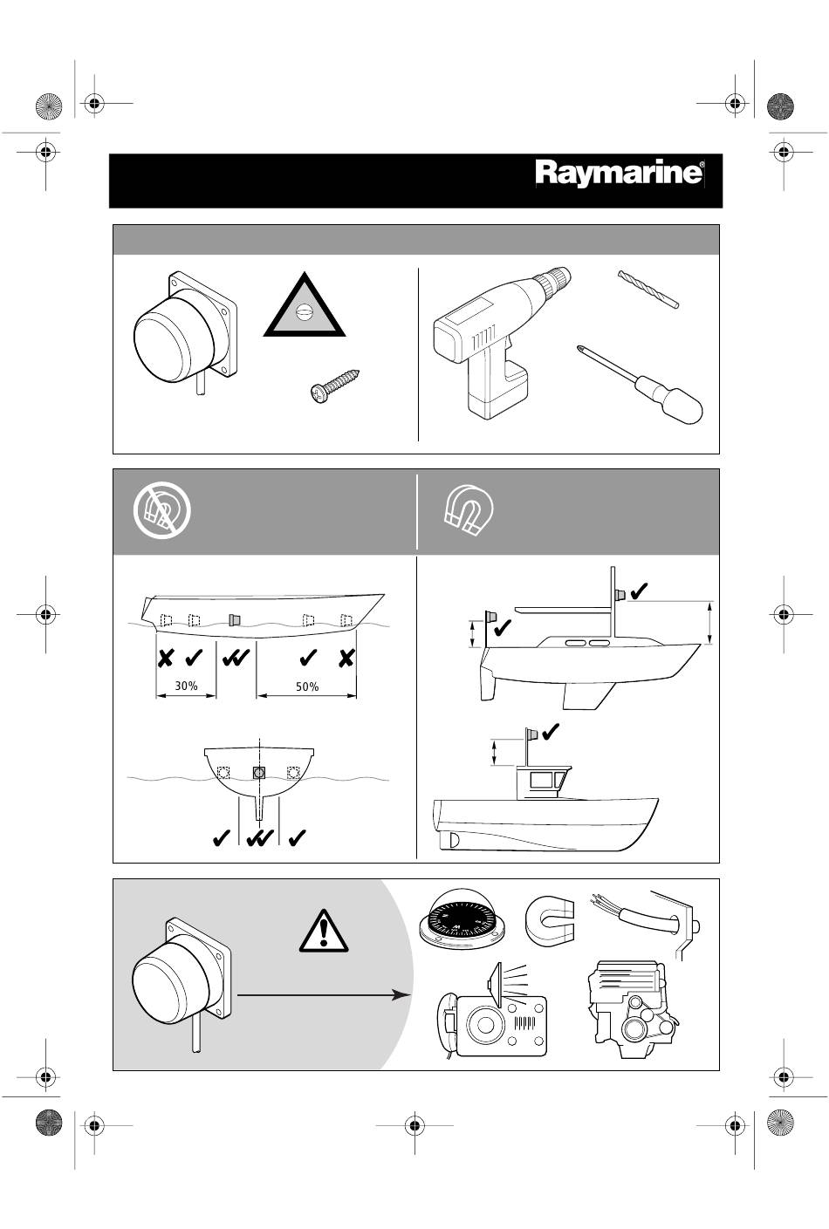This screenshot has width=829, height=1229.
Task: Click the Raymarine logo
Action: (620, 174)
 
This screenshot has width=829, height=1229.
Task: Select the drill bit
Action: (648, 289)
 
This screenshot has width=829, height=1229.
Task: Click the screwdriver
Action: (641, 384)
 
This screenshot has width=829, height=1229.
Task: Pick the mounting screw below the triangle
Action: (335, 384)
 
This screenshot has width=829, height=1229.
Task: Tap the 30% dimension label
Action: (186, 686)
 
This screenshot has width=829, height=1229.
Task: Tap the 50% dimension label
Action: (307, 686)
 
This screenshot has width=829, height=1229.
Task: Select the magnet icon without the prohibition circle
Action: (469, 510)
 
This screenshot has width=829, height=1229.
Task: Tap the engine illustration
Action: (632, 1008)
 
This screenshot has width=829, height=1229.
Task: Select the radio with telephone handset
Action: (492, 1013)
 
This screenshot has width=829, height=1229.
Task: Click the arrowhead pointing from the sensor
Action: (402, 994)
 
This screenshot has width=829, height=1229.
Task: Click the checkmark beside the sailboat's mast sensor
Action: (639, 591)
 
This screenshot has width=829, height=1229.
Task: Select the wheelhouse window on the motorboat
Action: (542, 779)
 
